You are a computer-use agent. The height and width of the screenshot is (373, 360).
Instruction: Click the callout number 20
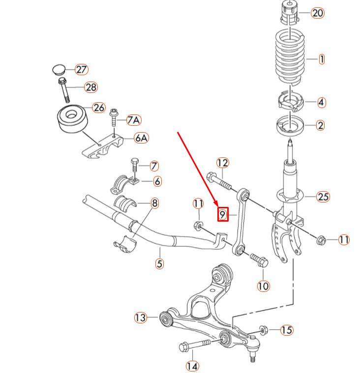[x=318, y=13]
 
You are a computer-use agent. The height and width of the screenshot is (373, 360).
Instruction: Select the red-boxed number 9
[x=222, y=214]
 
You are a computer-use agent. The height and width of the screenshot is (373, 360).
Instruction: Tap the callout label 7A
[x=134, y=120]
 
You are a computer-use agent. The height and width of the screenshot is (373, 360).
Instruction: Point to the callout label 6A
[x=141, y=138]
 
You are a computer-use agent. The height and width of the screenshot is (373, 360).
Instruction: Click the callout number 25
[x=322, y=198]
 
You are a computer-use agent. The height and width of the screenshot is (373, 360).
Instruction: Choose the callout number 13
[x=141, y=317]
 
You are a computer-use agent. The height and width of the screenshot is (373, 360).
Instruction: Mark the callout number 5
[x=159, y=263]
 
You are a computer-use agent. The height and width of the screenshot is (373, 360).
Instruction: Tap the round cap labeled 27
[x=60, y=68]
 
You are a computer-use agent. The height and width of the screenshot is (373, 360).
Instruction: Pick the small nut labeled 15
[x=262, y=329]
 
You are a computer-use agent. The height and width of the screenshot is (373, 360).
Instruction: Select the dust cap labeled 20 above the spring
[x=290, y=13]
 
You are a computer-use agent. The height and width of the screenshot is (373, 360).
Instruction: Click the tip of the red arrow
[x=215, y=205]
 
